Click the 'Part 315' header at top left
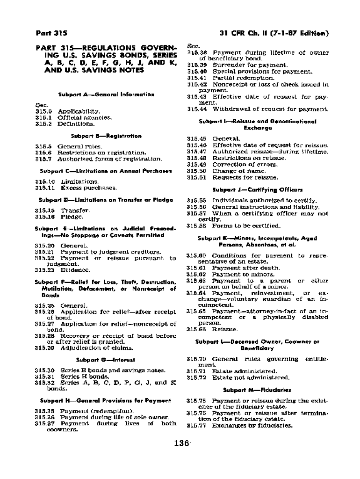point(51,33)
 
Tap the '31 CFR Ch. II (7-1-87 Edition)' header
point(274,33)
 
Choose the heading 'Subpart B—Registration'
point(106,136)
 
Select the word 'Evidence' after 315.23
point(75,269)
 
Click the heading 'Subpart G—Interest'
point(106,360)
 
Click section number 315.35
point(45,410)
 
